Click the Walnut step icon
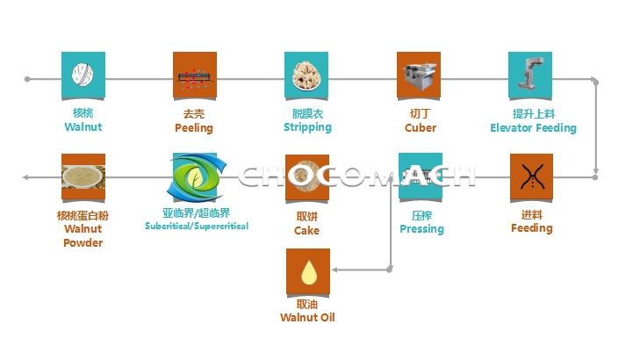(x=83, y=74)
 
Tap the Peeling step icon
(x=195, y=74)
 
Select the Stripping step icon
(x=306, y=74)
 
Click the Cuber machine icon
(x=420, y=74)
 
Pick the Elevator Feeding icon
(x=530, y=74)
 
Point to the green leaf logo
(x=194, y=176)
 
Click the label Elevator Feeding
(x=533, y=128)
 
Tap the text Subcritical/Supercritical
(x=197, y=227)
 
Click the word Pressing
(x=421, y=229)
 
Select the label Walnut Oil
(x=307, y=318)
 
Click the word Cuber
(x=421, y=128)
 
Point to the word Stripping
(x=307, y=127)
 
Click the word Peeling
(x=194, y=128)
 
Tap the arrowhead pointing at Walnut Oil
(x=335, y=270)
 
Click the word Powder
(x=83, y=242)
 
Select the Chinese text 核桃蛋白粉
(x=83, y=216)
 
